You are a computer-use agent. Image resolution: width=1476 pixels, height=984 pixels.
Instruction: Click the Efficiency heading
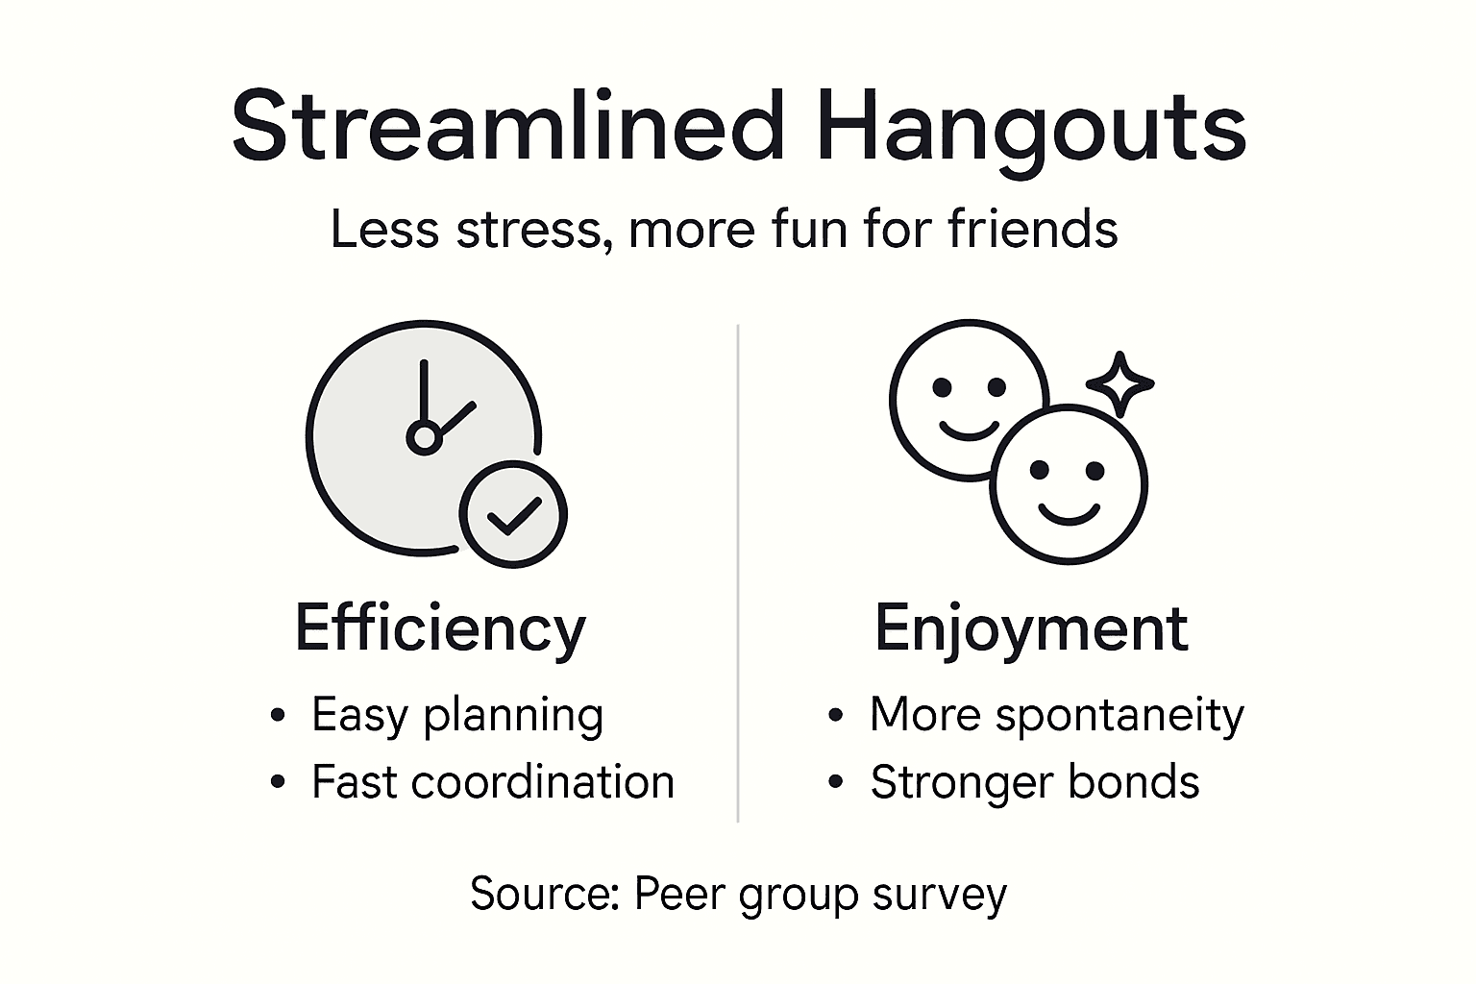(x=440, y=629)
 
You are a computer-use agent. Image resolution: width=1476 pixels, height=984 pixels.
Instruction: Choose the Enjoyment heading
(x=1031, y=630)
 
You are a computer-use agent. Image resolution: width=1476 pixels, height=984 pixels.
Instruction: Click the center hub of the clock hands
(x=423, y=438)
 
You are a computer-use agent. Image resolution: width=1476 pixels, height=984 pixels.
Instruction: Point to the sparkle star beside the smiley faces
(x=1119, y=384)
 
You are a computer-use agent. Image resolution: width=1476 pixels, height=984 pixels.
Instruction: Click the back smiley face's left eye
(x=943, y=387)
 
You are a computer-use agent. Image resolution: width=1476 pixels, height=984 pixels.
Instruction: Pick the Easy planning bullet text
(x=457, y=716)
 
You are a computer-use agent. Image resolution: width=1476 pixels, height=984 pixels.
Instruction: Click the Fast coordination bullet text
(x=493, y=782)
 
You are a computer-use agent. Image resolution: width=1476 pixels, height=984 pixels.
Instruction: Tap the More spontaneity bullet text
(x=1056, y=716)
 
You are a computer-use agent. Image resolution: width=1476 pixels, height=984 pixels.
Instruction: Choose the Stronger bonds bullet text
(x=1035, y=782)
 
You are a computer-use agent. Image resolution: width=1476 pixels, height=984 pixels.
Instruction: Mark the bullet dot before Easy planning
(x=278, y=716)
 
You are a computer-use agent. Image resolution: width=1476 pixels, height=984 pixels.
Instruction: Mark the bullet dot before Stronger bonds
(x=836, y=783)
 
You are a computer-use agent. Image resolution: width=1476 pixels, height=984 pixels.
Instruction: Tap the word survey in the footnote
(x=940, y=896)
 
